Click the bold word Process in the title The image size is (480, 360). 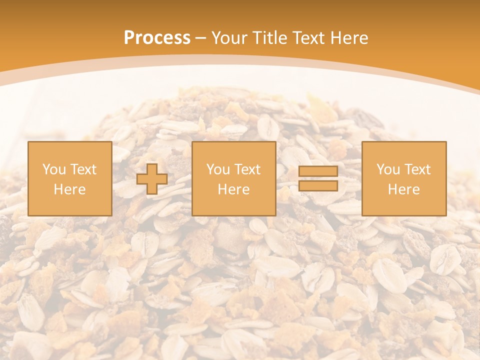pyautogui.click(x=157, y=38)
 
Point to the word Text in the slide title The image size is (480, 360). pyautogui.click(x=309, y=38)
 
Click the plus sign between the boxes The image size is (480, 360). pyautogui.click(x=152, y=179)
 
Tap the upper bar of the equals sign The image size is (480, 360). pyautogui.click(x=318, y=171)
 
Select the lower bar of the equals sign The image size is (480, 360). pyautogui.click(x=318, y=186)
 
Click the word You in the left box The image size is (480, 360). pyautogui.click(x=53, y=169)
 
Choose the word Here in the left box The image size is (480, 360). pyautogui.click(x=69, y=189)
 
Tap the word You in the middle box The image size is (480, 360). pyautogui.click(x=218, y=169)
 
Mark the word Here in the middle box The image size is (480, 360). pyautogui.click(x=233, y=189)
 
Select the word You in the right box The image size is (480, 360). pyautogui.click(x=388, y=169)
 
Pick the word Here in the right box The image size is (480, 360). pyautogui.click(x=403, y=189)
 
